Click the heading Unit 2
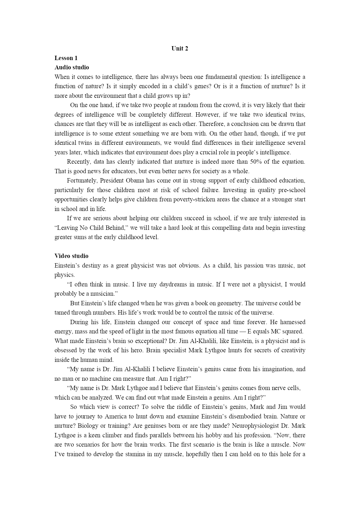(x=180, y=48)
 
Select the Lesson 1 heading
(x=66, y=58)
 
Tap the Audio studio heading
(x=72, y=67)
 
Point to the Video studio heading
(x=71, y=256)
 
